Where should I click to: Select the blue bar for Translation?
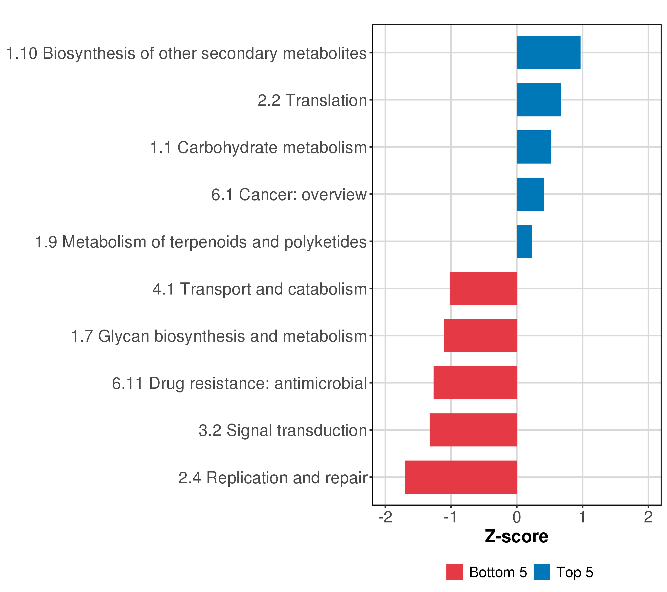(x=539, y=100)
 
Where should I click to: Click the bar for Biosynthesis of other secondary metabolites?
(x=548, y=53)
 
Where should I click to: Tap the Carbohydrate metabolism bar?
(x=534, y=147)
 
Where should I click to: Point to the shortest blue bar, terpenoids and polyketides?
(x=524, y=241)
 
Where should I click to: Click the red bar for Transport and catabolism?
(x=483, y=288)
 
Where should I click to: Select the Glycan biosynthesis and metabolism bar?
(x=480, y=335)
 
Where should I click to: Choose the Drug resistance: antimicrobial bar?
(x=475, y=383)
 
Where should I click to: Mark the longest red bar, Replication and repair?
(x=461, y=477)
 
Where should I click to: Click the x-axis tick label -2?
(x=385, y=518)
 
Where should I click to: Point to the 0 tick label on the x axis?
(x=517, y=518)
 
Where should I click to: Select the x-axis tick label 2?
(x=648, y=518)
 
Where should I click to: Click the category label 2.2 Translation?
(x=312, y=100)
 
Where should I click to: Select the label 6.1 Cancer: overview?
(x=289, y=195)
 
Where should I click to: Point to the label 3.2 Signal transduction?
(x=283, y=430)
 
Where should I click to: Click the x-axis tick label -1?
(x=450, y=518)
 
